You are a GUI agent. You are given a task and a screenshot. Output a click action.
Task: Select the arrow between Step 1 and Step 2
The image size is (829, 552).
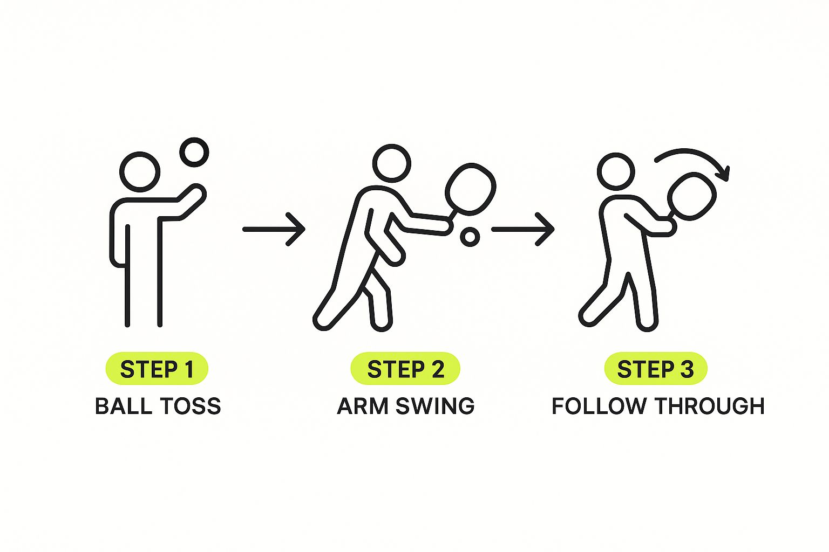tap(274, 229)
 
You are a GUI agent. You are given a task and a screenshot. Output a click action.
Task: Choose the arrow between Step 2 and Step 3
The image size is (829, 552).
tap(523, 229)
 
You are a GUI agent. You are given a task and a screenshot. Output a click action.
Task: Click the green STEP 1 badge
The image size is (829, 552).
tap(157, 369)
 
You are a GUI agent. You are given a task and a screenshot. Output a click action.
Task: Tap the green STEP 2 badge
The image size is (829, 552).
tap(405, 369)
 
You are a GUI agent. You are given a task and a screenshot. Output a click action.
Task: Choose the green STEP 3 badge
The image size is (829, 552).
tap(655, 369)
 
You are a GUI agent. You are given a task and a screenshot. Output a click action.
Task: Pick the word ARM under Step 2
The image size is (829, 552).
tap(362, 406)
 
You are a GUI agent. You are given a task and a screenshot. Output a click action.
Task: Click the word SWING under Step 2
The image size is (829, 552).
tap(435, 406)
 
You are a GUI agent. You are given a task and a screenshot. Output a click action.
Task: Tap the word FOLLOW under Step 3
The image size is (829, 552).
tap(599, 406)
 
